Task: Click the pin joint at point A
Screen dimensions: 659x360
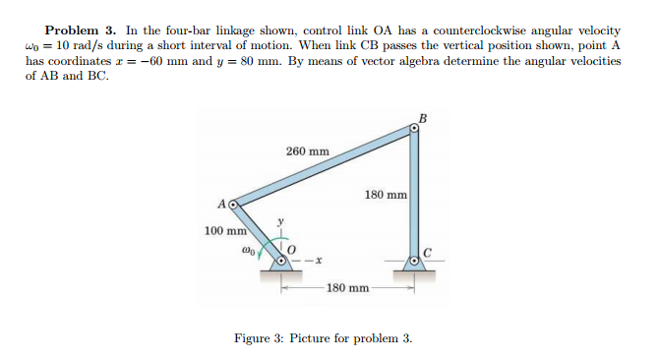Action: (234, 206)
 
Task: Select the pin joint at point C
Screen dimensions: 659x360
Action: (415, 261)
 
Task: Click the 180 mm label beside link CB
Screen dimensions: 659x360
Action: (386, 195)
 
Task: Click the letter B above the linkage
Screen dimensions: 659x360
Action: (424, 120)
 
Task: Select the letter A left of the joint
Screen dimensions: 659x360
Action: (222, 205)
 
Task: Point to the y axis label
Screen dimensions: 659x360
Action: (282, 223)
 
